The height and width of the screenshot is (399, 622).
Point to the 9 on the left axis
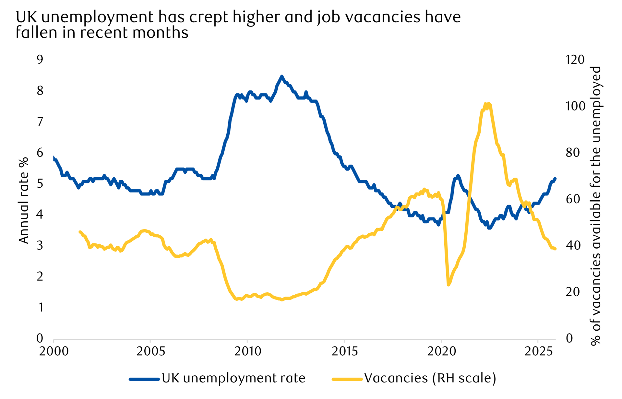[40, 60]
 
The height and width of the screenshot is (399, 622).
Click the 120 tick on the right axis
[575, 60]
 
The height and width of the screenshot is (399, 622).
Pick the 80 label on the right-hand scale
[572, 153]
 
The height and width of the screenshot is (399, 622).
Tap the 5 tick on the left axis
[40, 184]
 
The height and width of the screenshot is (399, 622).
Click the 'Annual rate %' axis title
[24, 200]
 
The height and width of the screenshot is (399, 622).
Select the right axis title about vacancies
[595, 206]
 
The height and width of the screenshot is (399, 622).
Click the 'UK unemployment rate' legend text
[233, 378]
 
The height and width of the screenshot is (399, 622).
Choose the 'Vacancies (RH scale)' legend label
[430, 378]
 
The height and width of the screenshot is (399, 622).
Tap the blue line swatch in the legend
[144, 379]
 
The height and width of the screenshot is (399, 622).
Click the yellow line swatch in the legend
[347, 379]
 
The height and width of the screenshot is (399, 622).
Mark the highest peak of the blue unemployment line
[281, 76]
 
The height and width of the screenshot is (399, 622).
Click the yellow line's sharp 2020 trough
[449, 285]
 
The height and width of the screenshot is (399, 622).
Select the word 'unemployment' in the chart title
[97, 17]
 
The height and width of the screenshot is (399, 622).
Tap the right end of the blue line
[555, 179]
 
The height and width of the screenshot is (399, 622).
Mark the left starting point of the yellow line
[80, 232]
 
